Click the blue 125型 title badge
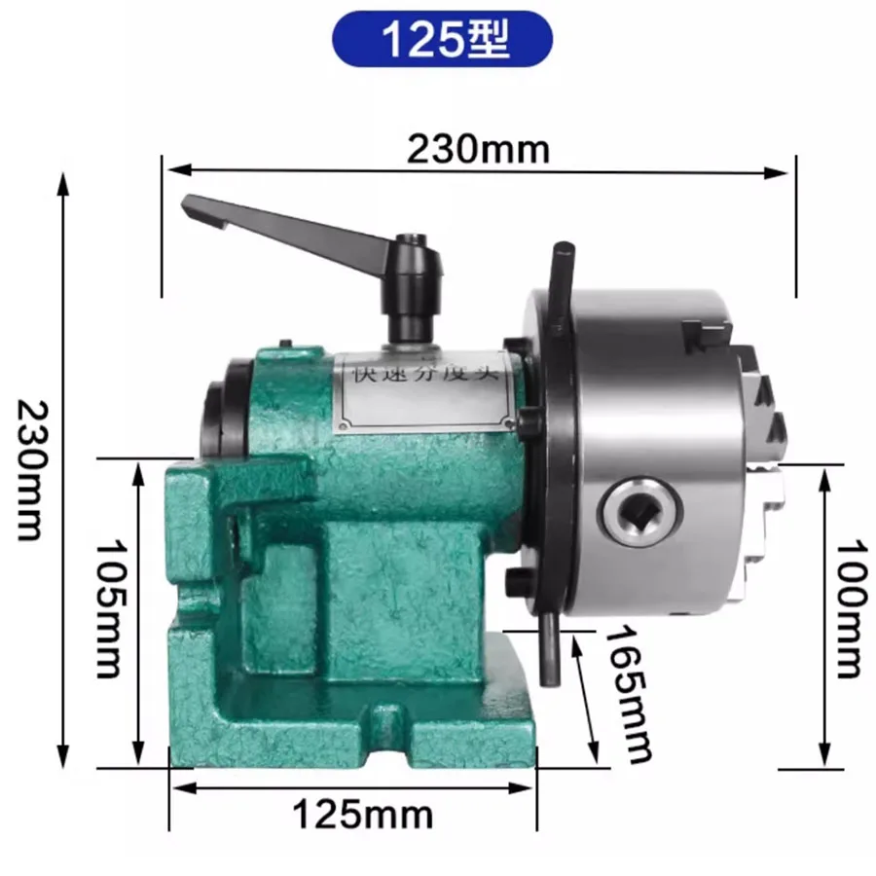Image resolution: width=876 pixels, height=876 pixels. (439, 39)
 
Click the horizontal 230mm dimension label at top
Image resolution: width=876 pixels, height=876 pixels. (478, 149)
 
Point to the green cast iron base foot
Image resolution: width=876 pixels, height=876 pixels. (350, 740)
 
